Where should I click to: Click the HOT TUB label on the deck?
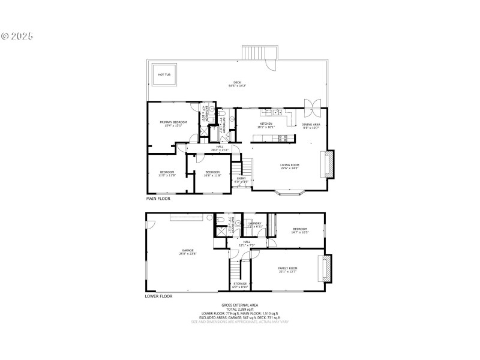click(x=162, y=74)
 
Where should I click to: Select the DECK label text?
click(x=237, y=84)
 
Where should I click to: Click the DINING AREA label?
click(x=310, y=125)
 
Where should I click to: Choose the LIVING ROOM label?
click(x=289, y=166)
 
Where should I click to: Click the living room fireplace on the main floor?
click(x=328, y=164)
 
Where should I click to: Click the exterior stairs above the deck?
click(x=259, y=53)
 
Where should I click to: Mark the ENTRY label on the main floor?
click(x=241, y=179)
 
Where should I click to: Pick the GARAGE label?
click(x=188, y=252)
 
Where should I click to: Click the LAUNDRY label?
click(x=254, y=224)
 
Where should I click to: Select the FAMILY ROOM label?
click(x=287, y=269)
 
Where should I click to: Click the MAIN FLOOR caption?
click(x=158, y=198)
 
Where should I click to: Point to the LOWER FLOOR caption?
click(x=159, y=296)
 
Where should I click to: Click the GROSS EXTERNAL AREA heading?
click(x=239, y=305)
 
